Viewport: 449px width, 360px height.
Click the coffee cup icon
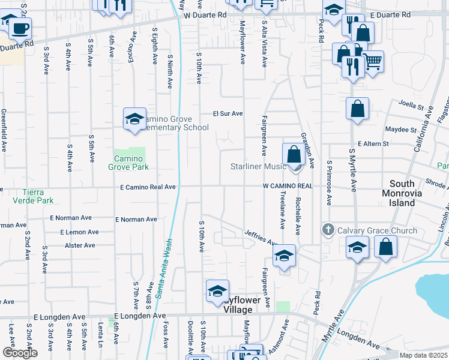point(21,28)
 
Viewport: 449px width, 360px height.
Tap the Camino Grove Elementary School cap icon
point(135,119)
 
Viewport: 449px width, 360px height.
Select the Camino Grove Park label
point(128,163)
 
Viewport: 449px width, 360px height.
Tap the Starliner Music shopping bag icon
point(294,154)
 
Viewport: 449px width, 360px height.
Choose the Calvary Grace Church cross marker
point(328,229)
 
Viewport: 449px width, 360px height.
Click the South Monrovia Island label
point(411,193)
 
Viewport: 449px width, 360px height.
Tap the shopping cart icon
point(372,61)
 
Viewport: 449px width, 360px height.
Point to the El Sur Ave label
point(228,113)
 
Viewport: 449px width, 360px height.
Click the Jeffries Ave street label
point(259,238)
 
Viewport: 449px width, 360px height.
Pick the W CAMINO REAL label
point(288,186)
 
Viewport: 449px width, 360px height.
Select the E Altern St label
point(373,144)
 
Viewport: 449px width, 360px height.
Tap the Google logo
point(20,353)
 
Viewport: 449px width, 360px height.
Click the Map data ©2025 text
point(423,355)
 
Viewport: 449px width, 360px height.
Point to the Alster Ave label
point(80,245)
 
